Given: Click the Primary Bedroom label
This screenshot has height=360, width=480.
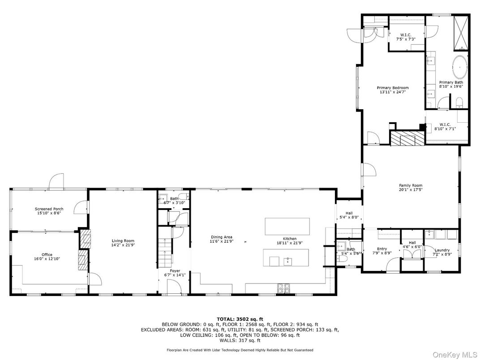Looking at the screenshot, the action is [392, 88].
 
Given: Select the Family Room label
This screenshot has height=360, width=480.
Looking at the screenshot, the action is [411, 185].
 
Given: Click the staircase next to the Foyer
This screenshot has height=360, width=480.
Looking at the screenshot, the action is [165, 248].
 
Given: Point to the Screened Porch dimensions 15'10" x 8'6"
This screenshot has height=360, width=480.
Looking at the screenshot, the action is [49, 213].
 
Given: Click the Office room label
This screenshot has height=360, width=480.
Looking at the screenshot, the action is [47, 255].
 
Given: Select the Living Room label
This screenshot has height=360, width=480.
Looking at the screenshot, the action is [123, 241].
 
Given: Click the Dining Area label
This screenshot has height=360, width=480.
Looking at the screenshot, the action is [221, 237].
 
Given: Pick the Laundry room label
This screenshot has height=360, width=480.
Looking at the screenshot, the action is [442, 250].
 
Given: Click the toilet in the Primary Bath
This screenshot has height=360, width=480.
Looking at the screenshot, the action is [460, 103].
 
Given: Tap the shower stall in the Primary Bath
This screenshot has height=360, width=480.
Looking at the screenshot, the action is [461, 34].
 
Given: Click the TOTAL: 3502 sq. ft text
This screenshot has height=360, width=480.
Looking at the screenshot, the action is [240, 319].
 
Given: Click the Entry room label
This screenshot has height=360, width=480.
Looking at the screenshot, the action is [382, 249].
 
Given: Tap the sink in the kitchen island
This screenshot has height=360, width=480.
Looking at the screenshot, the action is [288, 261].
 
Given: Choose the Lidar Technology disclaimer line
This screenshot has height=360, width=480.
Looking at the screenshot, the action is [240, 350].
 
